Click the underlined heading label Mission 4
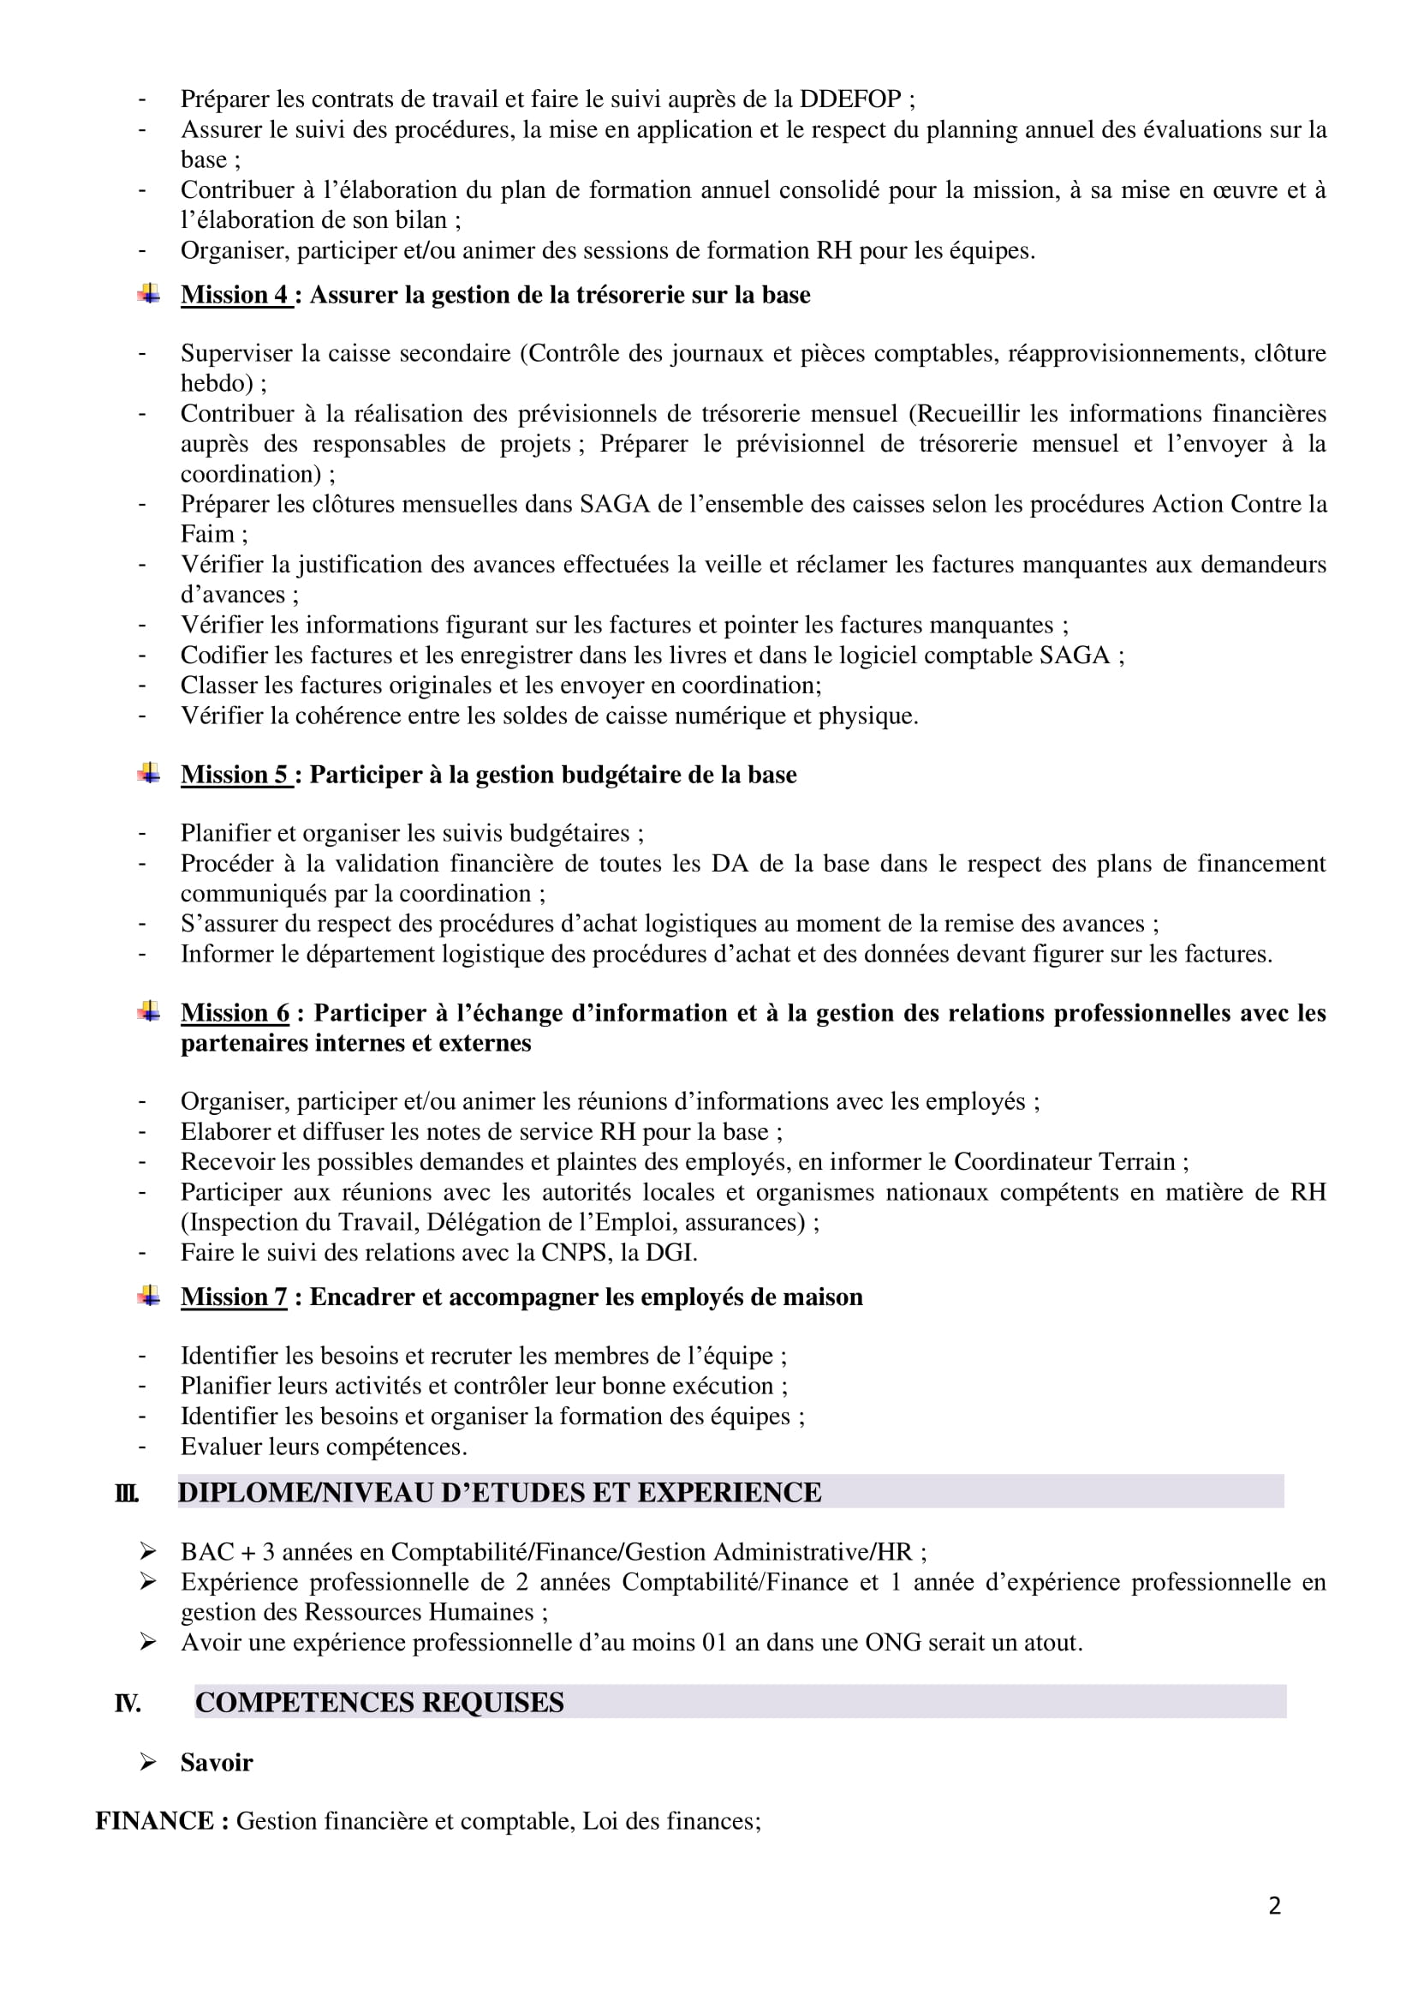click(x=234, y=296)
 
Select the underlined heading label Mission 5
click(x=234, y=776)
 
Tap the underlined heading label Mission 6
click(x=235, y=1013)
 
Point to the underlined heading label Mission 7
click(x=234, y=1297)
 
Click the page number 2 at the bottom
click(x=1275, y=1906)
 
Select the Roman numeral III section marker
click(x=127, y=1493)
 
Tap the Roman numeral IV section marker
click(x=128, y=1704)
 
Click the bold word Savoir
click(x=217, y=1763)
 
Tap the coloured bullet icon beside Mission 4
click(x=148, y=294)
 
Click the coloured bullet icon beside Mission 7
click(x=148, y=1296)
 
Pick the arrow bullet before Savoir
click(x=147, y=1762)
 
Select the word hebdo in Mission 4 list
click(x=212, y=384)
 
